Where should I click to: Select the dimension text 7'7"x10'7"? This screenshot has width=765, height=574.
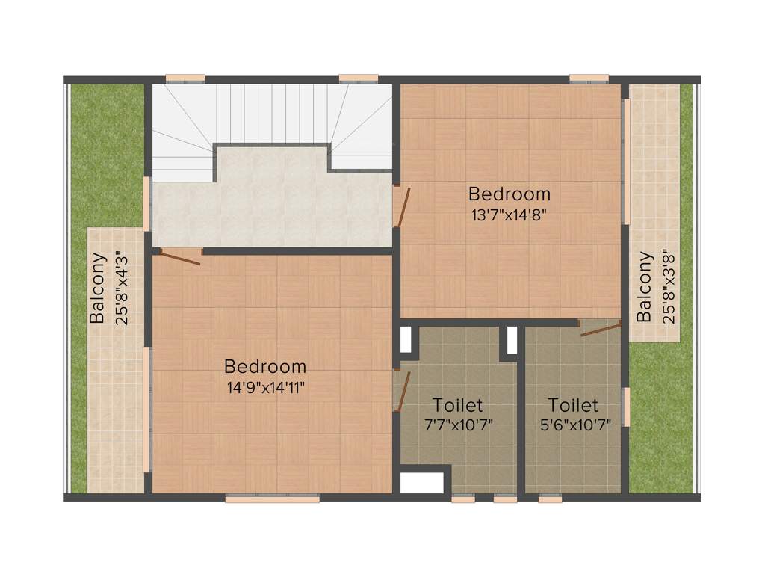tap(458, 425)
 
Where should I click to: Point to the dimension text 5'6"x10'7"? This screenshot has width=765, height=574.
tap(573, 425)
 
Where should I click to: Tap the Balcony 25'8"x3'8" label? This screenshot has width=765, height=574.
tap(654, 288)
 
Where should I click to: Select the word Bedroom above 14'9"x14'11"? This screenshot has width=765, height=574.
tap(265, 367)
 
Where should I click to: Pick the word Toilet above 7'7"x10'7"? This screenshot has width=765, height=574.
tap(458, 406)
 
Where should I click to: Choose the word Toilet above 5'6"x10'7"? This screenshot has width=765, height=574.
tap(573, 406)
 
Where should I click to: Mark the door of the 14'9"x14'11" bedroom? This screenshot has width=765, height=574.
tap(180, 256)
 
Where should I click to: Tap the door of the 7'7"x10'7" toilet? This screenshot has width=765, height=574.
tap(403, 390)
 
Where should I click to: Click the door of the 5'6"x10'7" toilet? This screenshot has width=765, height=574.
tap(600, 328)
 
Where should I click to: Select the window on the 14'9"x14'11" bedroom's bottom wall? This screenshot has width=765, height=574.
tap(272, 499)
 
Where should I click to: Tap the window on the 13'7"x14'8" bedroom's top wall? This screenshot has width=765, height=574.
tap(589, 77)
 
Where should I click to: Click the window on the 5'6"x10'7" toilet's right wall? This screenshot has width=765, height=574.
tap(626, 406)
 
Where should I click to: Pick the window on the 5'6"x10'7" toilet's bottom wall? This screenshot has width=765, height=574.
tap(550, 499)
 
